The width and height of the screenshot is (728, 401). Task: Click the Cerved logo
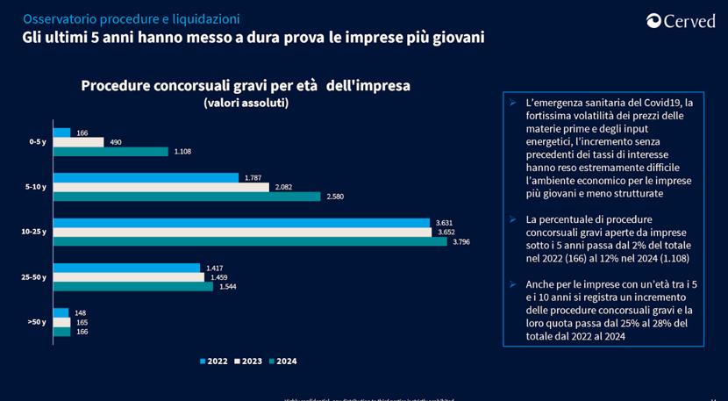[681, 21]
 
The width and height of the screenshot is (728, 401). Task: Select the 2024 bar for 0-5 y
[111, 152]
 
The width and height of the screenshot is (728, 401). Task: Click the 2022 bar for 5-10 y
[146, 177]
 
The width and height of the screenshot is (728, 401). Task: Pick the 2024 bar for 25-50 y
[133, 286]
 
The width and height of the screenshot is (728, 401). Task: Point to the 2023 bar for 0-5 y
[78, 142]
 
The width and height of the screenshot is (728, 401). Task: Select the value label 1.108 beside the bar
[182, 152]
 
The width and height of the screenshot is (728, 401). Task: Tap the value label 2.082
[283, 187]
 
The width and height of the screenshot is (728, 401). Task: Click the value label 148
[81, 313]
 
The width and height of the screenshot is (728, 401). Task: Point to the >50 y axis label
[37, 322]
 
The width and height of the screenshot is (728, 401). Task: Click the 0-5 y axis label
[38, 142]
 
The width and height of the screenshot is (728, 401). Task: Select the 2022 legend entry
[213, 361]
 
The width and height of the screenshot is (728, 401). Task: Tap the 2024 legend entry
[282, 361]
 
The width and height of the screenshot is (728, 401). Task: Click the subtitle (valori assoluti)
[246, 103]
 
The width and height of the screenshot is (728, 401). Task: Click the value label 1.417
[215, 268]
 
